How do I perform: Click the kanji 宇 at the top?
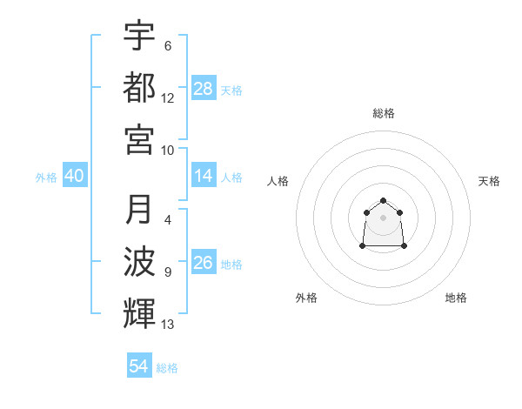(139, 36)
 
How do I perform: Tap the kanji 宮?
(139, 138)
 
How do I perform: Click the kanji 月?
(139, 210)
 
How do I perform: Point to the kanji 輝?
(139, 312)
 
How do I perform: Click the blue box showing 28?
(204, 89)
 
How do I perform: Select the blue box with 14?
(204, 176)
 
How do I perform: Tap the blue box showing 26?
(204, 263)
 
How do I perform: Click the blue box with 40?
(75, 176)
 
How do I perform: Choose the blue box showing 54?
(139, 366)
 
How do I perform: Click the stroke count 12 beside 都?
(168, 97)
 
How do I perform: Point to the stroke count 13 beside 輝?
(168, 325)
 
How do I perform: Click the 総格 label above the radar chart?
(384, 113)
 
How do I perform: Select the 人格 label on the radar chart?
(278, 181)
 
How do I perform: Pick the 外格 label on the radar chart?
(306, 298)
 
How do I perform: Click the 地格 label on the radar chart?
(456, 298)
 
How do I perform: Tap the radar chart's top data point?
(383, 201)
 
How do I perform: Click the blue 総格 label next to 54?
(167, 368)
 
